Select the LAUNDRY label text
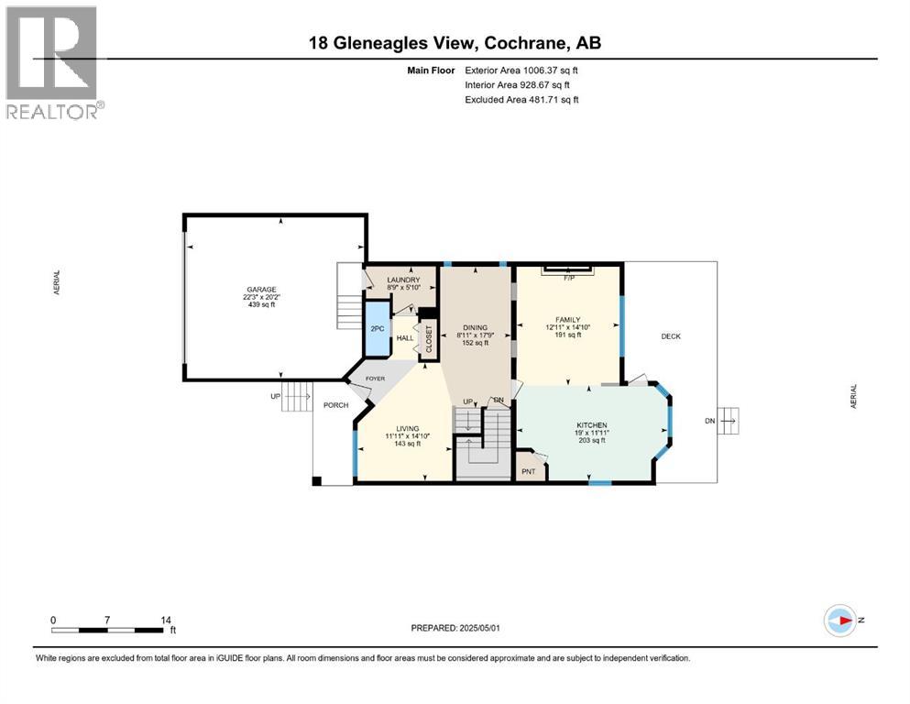[x=403, y=280]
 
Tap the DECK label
[x=671, y=336]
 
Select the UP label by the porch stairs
[x=276, y=397]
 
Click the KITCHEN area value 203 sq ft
[x=591, y=441]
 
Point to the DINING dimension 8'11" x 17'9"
[x=475, y=335]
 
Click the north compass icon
[x=839, y=620]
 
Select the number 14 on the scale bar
[x=166, y=620]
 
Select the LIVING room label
[x=407, y=428]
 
